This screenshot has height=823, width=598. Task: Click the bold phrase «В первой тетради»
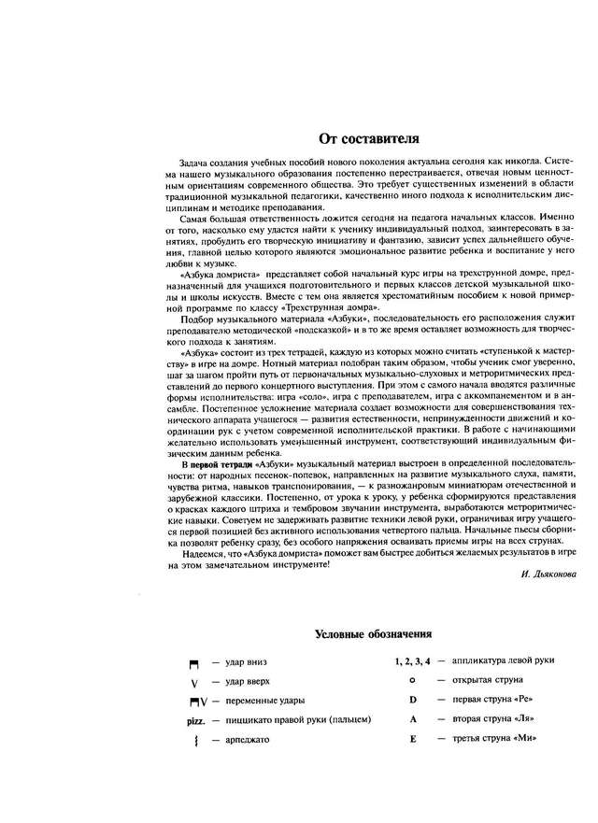(x=212, y=463)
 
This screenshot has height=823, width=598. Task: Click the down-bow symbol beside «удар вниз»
(x=194, y=663)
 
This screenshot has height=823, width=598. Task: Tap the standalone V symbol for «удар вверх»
(x=194, y=682)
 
